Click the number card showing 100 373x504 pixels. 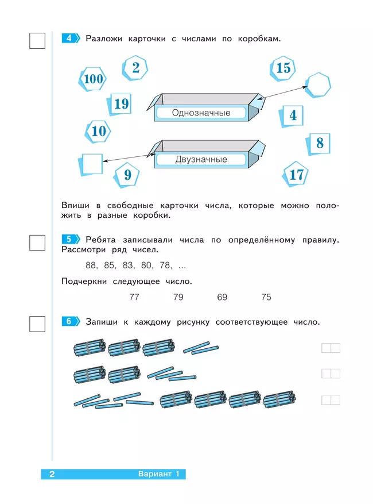coord(93,79)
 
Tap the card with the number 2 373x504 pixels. coord(135,68)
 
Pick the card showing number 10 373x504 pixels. coord(99,131)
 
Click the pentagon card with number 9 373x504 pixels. coord(127,174)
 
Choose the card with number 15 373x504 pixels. coord(283,68)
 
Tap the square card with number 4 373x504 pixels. coord(293,116)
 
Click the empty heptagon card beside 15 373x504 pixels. coord(318,86)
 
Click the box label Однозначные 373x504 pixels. coord(201,113)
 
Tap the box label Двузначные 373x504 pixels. coord(201,160)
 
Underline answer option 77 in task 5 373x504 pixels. coord(134,297)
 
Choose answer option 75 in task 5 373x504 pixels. coord(266,297)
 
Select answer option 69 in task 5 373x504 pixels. coord(222,297)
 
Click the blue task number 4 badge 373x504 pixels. coord(69,39)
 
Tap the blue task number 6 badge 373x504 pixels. coord(69,322)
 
